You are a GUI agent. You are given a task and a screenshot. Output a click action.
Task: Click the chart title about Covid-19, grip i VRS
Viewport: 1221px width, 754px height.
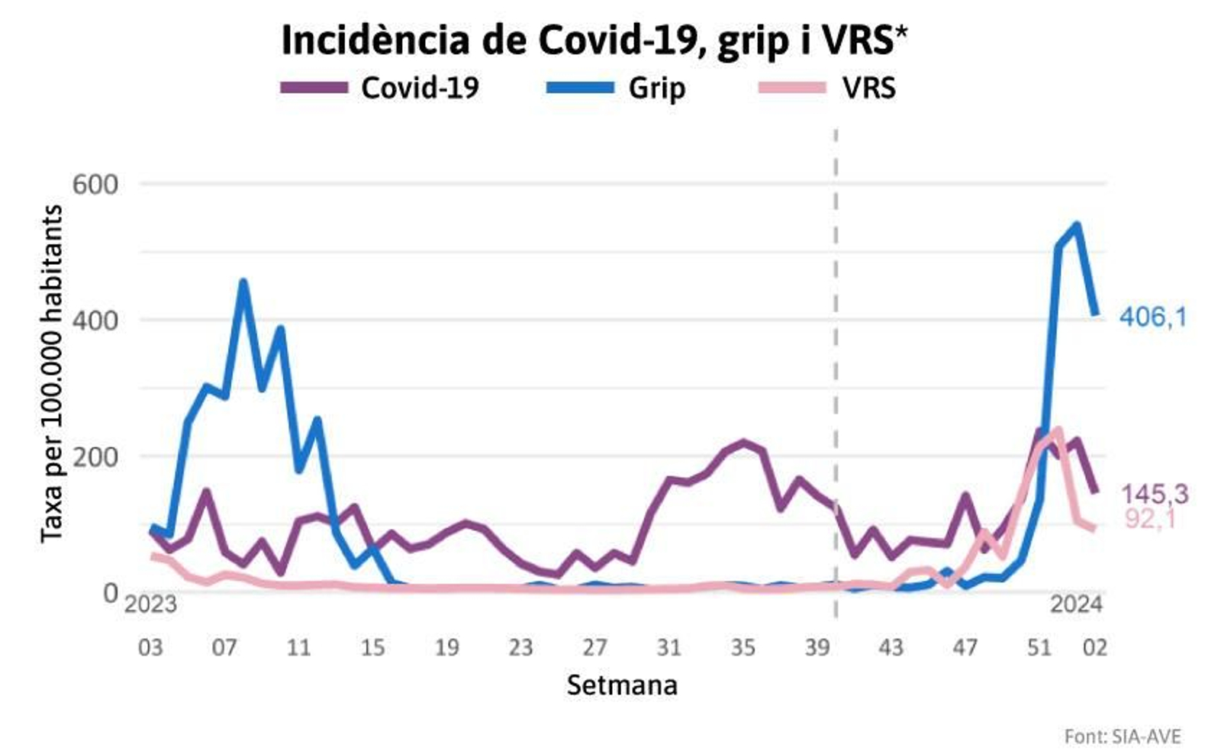click(594, 40)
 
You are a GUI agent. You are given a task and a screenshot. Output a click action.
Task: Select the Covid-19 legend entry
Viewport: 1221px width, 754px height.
click(380, 88)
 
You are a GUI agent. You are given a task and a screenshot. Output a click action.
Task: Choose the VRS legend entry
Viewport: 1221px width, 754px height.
click(827, 88)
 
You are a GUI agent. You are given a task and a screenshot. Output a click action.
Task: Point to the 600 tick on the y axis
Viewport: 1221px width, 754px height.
click(95, 184)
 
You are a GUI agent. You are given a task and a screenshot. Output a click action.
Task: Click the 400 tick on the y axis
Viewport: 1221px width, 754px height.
click(95, 320)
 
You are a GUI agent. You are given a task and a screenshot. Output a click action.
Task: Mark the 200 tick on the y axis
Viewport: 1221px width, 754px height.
click(95, 456)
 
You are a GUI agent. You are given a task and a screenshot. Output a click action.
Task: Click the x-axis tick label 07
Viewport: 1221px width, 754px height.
click(224, 648)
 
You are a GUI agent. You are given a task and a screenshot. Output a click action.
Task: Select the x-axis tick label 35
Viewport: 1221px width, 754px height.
click(743, 648)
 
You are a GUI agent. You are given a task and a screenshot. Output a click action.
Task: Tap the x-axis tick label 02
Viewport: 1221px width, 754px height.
click(1095, 648)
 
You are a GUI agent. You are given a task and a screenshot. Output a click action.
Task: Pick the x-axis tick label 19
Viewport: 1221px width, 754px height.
click(446, 648)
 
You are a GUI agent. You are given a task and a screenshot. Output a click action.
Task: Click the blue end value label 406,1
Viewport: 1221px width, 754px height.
click(1153, 317)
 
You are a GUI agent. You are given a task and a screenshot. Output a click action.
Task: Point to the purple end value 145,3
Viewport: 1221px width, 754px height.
click(1154, 495)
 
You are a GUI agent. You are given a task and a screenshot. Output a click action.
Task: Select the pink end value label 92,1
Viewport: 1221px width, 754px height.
click(1149, 520)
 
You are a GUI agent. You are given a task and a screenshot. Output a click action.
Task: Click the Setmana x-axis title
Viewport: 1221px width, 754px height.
click(622, 685)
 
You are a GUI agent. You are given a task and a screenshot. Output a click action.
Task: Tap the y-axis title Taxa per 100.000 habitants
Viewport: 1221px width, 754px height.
click(52, 374)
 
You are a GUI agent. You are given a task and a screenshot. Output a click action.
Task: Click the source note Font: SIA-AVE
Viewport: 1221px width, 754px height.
click(1122, 736)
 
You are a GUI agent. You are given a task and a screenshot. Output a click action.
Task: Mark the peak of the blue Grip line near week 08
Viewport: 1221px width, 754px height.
click(243, 282)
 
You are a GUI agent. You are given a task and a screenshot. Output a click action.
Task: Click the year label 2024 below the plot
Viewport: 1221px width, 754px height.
click(1076, 605)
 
